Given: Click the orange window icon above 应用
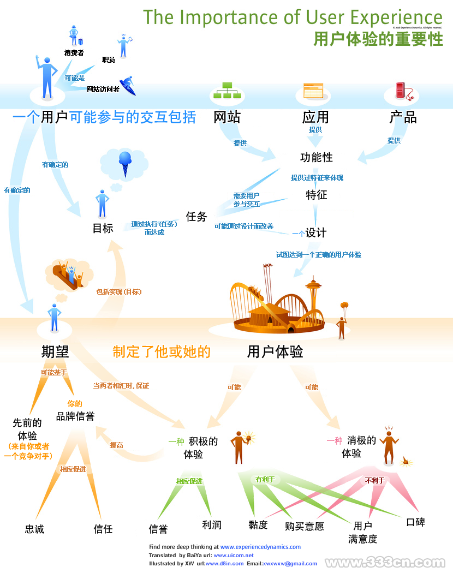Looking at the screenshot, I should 313,91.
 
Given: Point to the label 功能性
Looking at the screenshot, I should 316,158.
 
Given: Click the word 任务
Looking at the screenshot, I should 196,217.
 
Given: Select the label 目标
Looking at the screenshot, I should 103,229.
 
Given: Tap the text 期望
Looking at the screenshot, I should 55,351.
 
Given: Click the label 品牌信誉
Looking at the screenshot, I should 75,416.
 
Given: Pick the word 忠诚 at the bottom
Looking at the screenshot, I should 34,529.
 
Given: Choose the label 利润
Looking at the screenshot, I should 212,525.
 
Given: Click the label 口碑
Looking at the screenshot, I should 415,522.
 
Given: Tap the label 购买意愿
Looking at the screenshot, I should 305,527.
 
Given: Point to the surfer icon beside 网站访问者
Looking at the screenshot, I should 128,85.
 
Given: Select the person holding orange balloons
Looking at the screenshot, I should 342,322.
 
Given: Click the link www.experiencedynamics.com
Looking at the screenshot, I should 260,547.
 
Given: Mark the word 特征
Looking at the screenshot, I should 316,195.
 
